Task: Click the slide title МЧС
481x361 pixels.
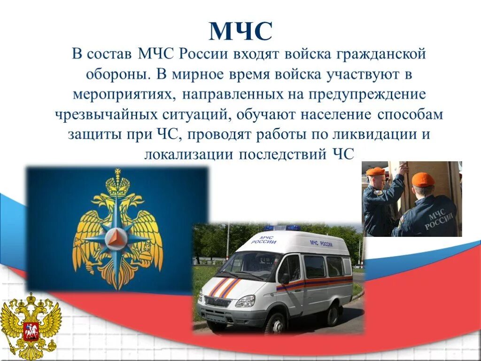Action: tap(240, 31)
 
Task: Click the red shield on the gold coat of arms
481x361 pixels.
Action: tap(30, 330)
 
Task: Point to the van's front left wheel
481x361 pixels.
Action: tap(275, 323)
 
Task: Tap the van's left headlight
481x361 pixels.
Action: tap(245, 301)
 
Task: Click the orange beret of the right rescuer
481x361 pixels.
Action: tap(423, 179)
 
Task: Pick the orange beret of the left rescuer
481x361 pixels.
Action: tap(376, 171)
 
